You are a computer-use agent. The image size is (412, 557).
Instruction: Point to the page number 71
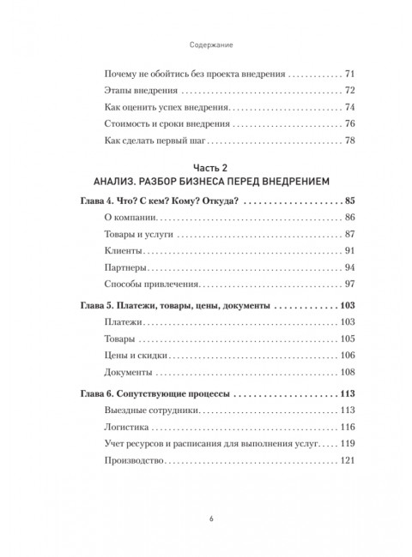tap(349, 76)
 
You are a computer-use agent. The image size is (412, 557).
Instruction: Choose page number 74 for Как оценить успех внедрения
tap(349, 108)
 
